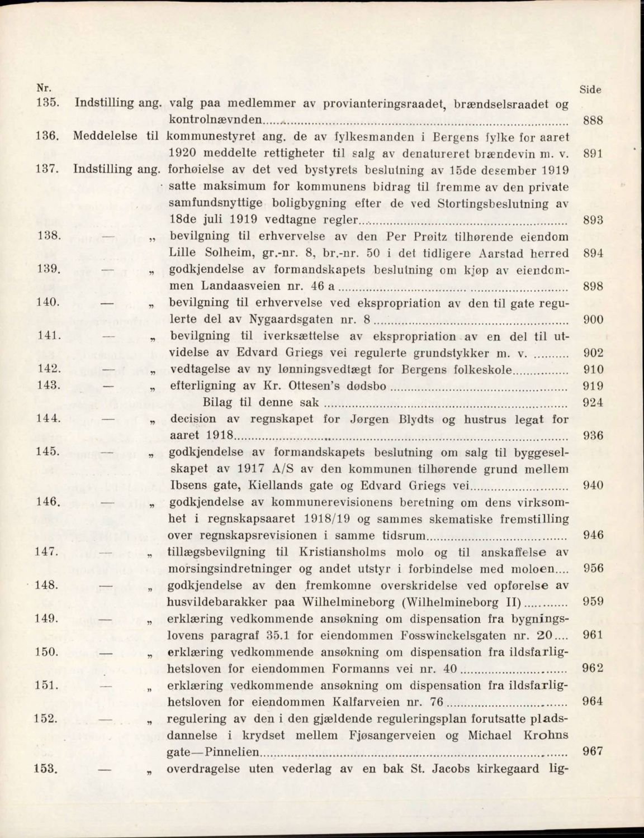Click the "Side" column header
coord(590,89)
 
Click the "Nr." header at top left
coord(42,88)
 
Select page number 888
coord(593,120)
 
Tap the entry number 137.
coord(47,170)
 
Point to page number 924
coord(593,402)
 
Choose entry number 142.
coord(48,369)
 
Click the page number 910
coord(593,369)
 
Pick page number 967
coord(593,751)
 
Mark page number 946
coord(593,535)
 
